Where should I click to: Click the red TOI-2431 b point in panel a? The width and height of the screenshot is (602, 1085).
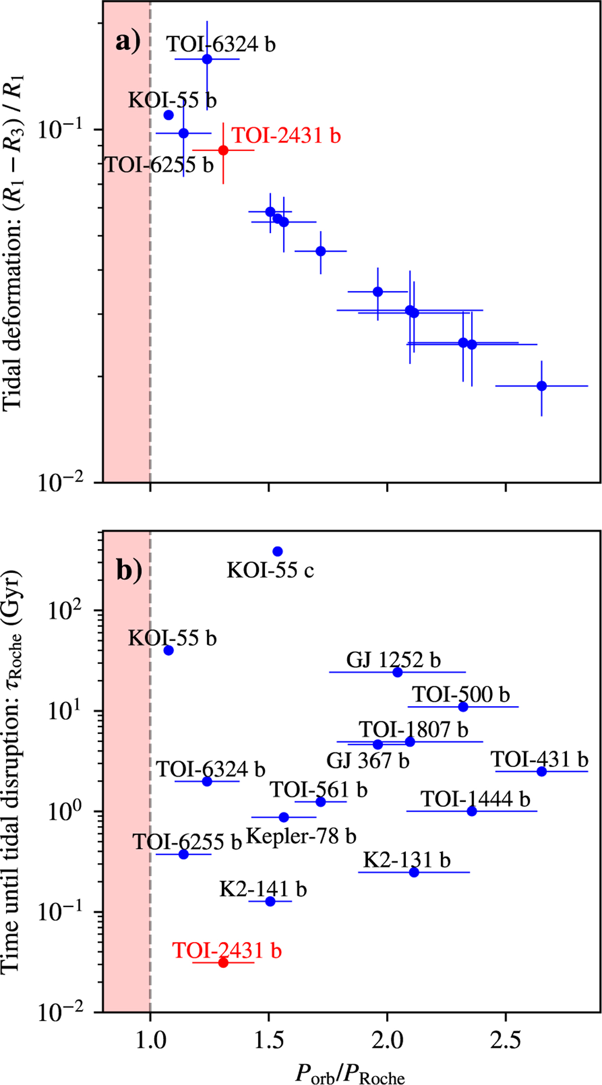[223, 150]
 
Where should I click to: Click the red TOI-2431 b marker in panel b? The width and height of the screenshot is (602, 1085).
[223, 962]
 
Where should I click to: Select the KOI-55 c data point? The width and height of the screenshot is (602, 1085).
[277, 551]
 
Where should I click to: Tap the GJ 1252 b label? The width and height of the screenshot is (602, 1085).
[393, 660]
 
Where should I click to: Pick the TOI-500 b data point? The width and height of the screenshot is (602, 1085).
[463, 707]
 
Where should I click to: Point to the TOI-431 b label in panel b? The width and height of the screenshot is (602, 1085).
[539, 759]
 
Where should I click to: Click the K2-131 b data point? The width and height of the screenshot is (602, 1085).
[414, 872]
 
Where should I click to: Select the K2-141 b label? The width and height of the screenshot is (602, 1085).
[263, 889]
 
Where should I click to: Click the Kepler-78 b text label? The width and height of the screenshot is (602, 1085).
[301, 836]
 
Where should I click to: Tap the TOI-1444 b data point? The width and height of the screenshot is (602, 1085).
[472, 811]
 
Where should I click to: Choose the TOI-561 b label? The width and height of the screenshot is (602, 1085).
[319, 790]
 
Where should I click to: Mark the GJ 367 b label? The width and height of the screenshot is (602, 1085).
[368, 760]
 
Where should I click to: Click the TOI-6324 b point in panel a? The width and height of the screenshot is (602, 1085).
[207, 59]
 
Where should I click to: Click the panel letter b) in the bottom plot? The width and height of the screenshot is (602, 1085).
[129, 570]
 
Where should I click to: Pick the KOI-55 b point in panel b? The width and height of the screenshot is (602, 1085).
[169, 650]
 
